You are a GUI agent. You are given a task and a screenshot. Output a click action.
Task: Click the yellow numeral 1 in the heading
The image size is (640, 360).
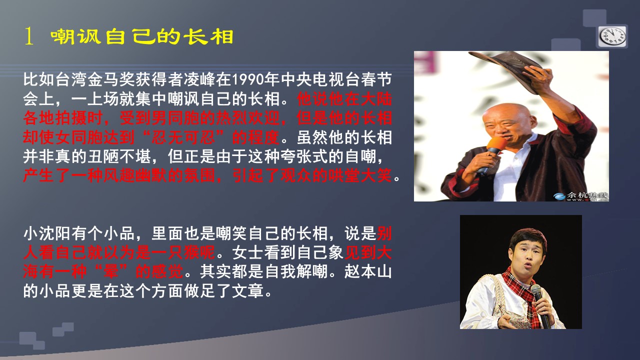pyautogui.click(x=28, y=36)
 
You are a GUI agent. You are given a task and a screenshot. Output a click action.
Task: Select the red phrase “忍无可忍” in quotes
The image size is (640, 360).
pyautogui.click(x=183, y=137)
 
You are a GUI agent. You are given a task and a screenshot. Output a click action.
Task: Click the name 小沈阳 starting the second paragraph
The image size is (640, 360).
pyautogui.click(x=47, y=233)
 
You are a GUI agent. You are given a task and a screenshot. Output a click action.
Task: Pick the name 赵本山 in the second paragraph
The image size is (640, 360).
pyautogui.click(x=368, y=271)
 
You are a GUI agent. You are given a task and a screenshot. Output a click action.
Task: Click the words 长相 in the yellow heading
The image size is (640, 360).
pyautogui.click(x=208, y=37)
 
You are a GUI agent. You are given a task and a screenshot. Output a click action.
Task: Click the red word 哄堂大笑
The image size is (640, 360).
pyautogui.click(x=359, y=175)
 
